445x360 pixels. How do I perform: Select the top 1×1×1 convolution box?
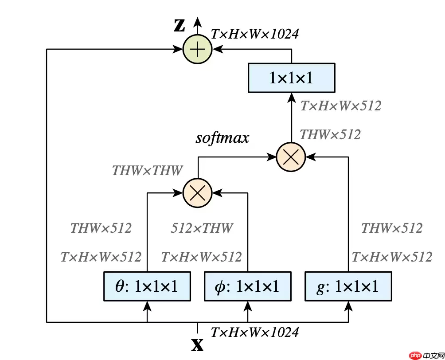(x=291, y=78)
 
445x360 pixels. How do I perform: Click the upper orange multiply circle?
(x=291, y=157)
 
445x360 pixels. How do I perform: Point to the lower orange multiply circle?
(x=198, y=193)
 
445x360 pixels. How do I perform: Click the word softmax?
(x=222, y=138)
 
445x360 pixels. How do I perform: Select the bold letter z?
(x=180, y=25)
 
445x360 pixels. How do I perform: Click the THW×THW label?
(x=147, y=170)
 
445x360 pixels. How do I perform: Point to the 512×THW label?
(x=202, y=228)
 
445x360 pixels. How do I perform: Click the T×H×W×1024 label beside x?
(x=254, y=332)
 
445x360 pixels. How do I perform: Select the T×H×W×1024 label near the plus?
(x=254, y=34)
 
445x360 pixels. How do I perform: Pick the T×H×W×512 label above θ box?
(x=101, y=257)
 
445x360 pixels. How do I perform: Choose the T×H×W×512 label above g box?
(x=392, y=257)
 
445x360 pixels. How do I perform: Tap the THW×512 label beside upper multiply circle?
(x=330, y=134)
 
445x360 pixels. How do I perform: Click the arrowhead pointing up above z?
(x=198, y=20)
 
